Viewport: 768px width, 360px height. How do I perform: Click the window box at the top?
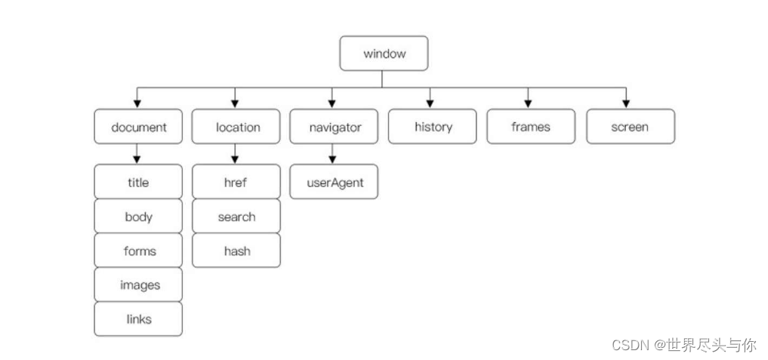click(384, 54)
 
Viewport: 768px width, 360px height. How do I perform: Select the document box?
click(138, 127)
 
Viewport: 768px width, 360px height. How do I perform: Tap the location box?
click(236, 127)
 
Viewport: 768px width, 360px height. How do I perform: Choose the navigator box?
click(334, 127)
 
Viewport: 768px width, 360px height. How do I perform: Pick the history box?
click(433, 127)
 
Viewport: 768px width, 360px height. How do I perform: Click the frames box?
click(531, 127)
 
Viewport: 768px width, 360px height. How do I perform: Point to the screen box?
click(630, 127)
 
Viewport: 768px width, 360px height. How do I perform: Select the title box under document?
click(138, 182)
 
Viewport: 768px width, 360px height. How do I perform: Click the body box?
click(138, 217)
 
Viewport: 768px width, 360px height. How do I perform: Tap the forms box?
click(138, 251)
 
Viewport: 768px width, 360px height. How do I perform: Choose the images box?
click(138, 285)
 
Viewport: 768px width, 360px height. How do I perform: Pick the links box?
click(138, 319)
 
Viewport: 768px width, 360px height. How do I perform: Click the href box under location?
click(236, 182)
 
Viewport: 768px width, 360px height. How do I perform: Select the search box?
click(236, 217)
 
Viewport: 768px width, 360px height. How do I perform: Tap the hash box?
click(236, 251)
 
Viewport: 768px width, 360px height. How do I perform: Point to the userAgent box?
click(334, 182)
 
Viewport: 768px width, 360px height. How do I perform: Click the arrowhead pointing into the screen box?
click(626, 103)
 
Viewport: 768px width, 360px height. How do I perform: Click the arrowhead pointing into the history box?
click(430, 103)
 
